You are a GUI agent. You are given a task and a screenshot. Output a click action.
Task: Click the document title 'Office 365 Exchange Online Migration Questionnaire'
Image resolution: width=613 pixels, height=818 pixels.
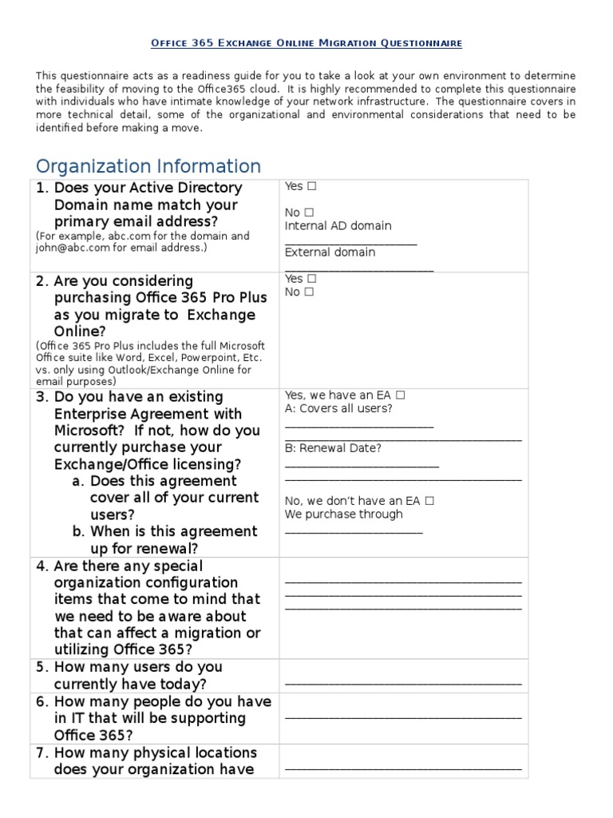click(306, 42)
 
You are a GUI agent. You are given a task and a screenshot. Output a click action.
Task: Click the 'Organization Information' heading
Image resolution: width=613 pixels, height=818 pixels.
click(148, 166)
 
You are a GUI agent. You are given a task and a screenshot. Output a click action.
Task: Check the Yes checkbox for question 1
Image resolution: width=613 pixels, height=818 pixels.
click(311, 186)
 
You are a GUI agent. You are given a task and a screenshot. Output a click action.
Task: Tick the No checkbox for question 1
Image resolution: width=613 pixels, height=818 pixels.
click(308, 212)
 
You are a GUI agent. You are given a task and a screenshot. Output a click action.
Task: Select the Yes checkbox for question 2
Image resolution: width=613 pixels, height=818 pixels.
click(311, 279)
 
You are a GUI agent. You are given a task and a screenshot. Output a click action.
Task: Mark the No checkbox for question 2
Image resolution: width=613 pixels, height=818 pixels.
click(308, 292)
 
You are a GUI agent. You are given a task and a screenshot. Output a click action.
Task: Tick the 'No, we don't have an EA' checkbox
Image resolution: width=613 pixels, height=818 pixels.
click(429, 501)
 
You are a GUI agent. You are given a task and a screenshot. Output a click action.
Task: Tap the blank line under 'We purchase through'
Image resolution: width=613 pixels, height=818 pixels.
click(353, 530)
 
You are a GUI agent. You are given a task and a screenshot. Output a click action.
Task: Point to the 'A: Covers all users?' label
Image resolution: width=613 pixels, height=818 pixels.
click(338, 408)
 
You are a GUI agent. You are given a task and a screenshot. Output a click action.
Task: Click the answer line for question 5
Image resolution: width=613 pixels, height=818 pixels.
click(403, 683)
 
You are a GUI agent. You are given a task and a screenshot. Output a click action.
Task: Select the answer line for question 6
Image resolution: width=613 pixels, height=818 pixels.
click(403, 717)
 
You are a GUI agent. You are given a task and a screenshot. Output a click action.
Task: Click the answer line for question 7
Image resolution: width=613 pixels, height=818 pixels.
click(403, 768)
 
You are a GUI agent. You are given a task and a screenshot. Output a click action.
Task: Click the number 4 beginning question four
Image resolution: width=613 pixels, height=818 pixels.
click(42, 566)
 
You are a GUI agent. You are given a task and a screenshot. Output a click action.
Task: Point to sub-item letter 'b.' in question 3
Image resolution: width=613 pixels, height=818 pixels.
click(79, 531)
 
